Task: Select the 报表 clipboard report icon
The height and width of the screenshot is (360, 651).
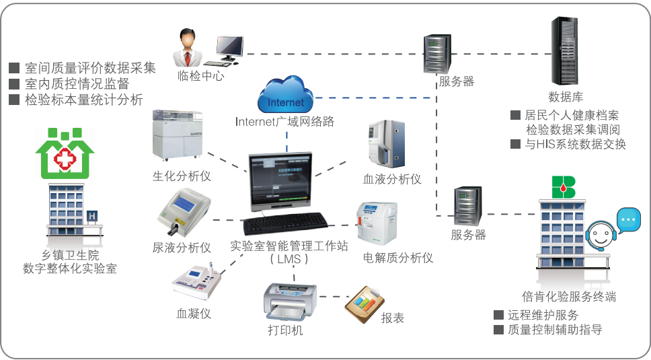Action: coord(364,307)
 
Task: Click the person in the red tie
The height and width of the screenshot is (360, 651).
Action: coord(190,47)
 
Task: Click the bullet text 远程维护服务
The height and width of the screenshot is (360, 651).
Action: coord(543,315)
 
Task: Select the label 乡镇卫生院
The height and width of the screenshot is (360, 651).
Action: coord(70,255)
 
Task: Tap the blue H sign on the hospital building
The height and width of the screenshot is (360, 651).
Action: coord(93,215)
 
